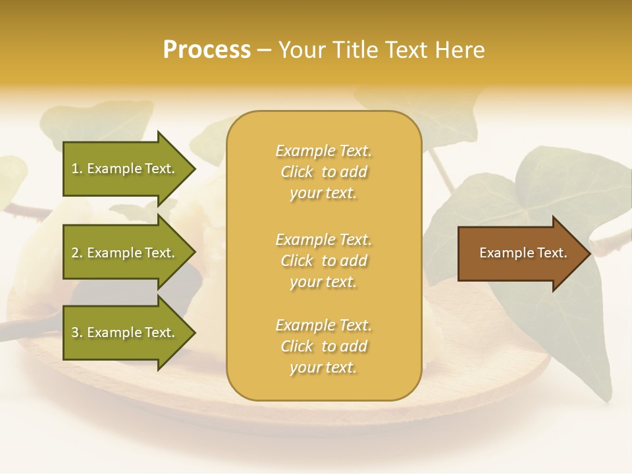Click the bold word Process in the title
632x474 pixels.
(207, 50)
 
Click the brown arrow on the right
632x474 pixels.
(520, 253)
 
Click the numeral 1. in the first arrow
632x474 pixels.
(77, 169)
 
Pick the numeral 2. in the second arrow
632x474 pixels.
(77, 253)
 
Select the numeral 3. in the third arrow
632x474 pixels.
(77, 332)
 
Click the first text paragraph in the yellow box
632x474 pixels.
(323, 172)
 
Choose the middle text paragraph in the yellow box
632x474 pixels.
(323, 261)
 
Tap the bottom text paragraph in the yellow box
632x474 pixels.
(323, 346)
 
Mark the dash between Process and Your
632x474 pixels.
(265, 51)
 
